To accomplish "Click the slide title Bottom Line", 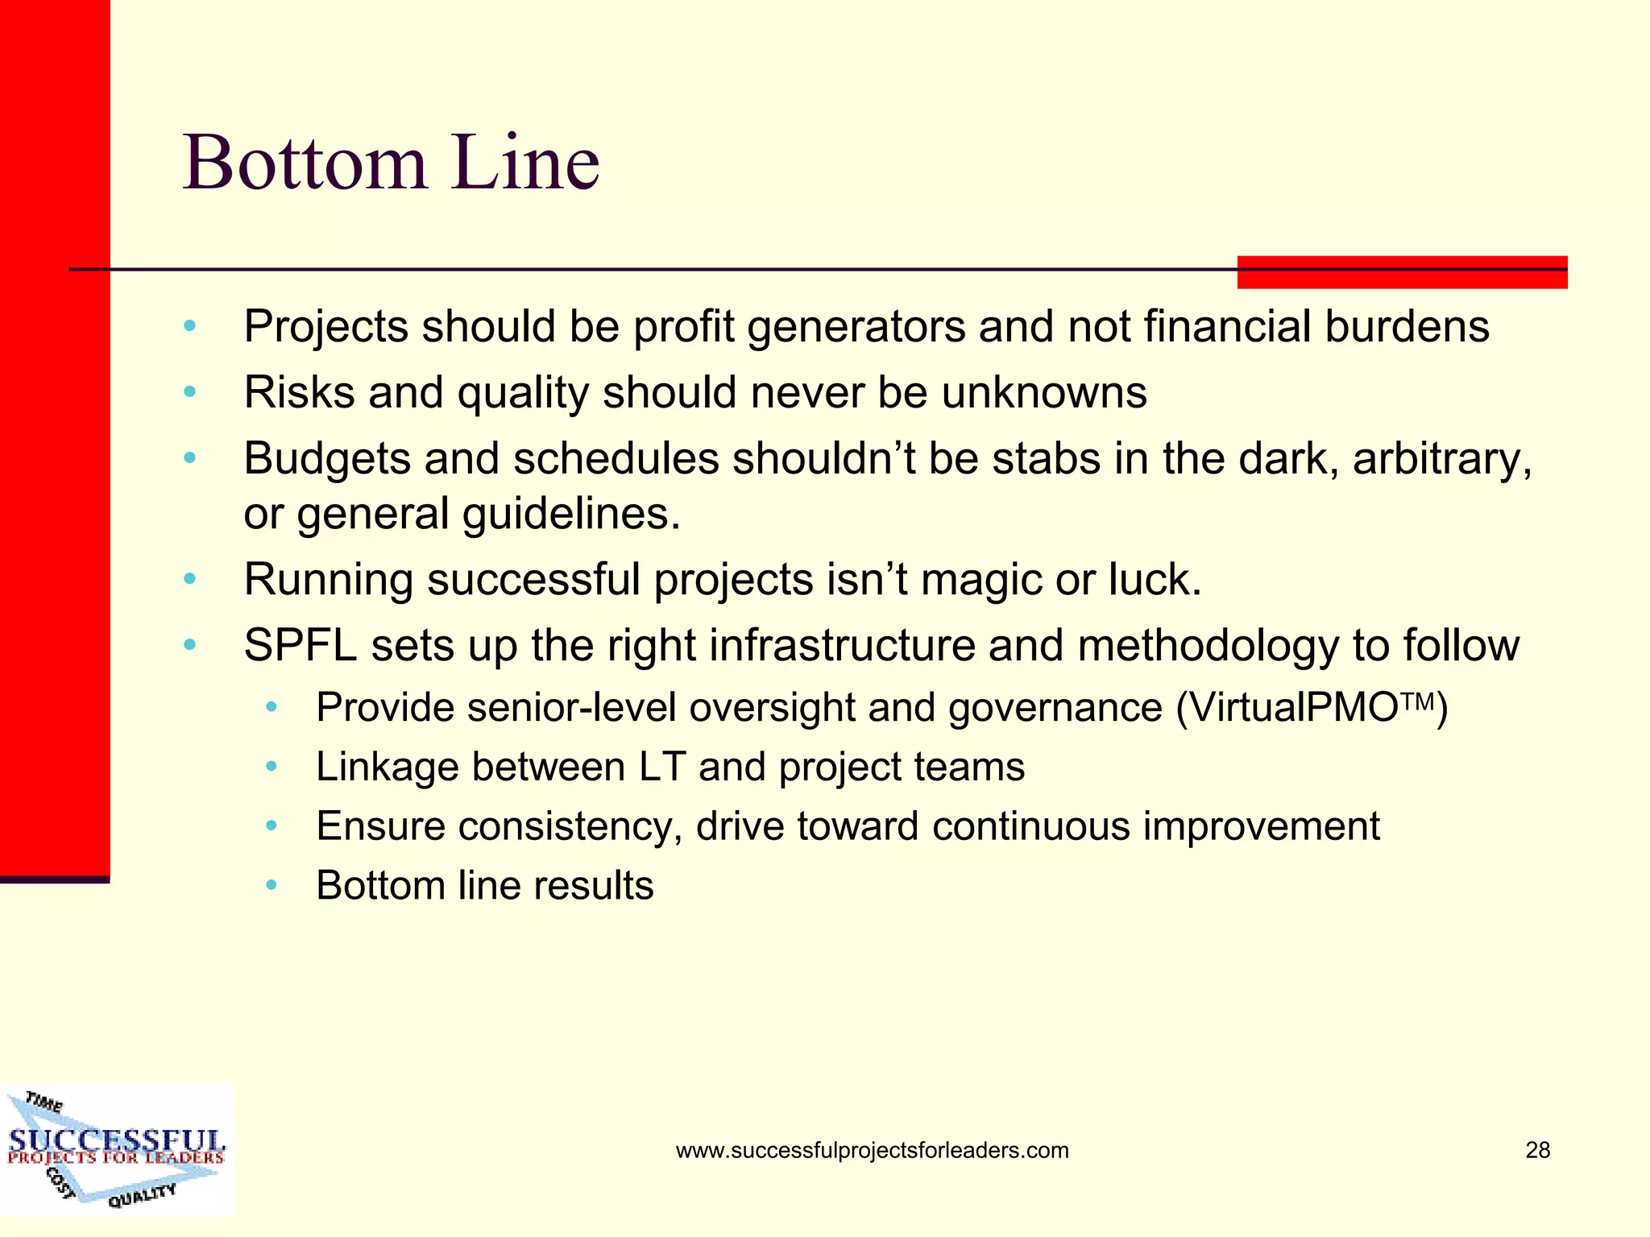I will (392, 163).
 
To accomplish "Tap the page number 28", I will (1537, 1150).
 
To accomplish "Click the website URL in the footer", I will (872, 1150).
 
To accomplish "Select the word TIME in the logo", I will (44, 1101).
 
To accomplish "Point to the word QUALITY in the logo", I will (142, 1195).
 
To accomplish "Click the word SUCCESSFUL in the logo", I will (117, 1140).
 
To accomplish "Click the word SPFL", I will (300, 646).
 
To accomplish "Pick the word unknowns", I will (1044, 393).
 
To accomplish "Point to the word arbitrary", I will (1441, 459).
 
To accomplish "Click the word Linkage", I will (387, 767).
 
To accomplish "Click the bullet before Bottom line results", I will (272, 886).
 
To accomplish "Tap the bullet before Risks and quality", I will (190, 393).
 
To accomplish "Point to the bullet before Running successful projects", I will (190, 580).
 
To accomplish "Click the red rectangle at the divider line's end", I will (1402, 272).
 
